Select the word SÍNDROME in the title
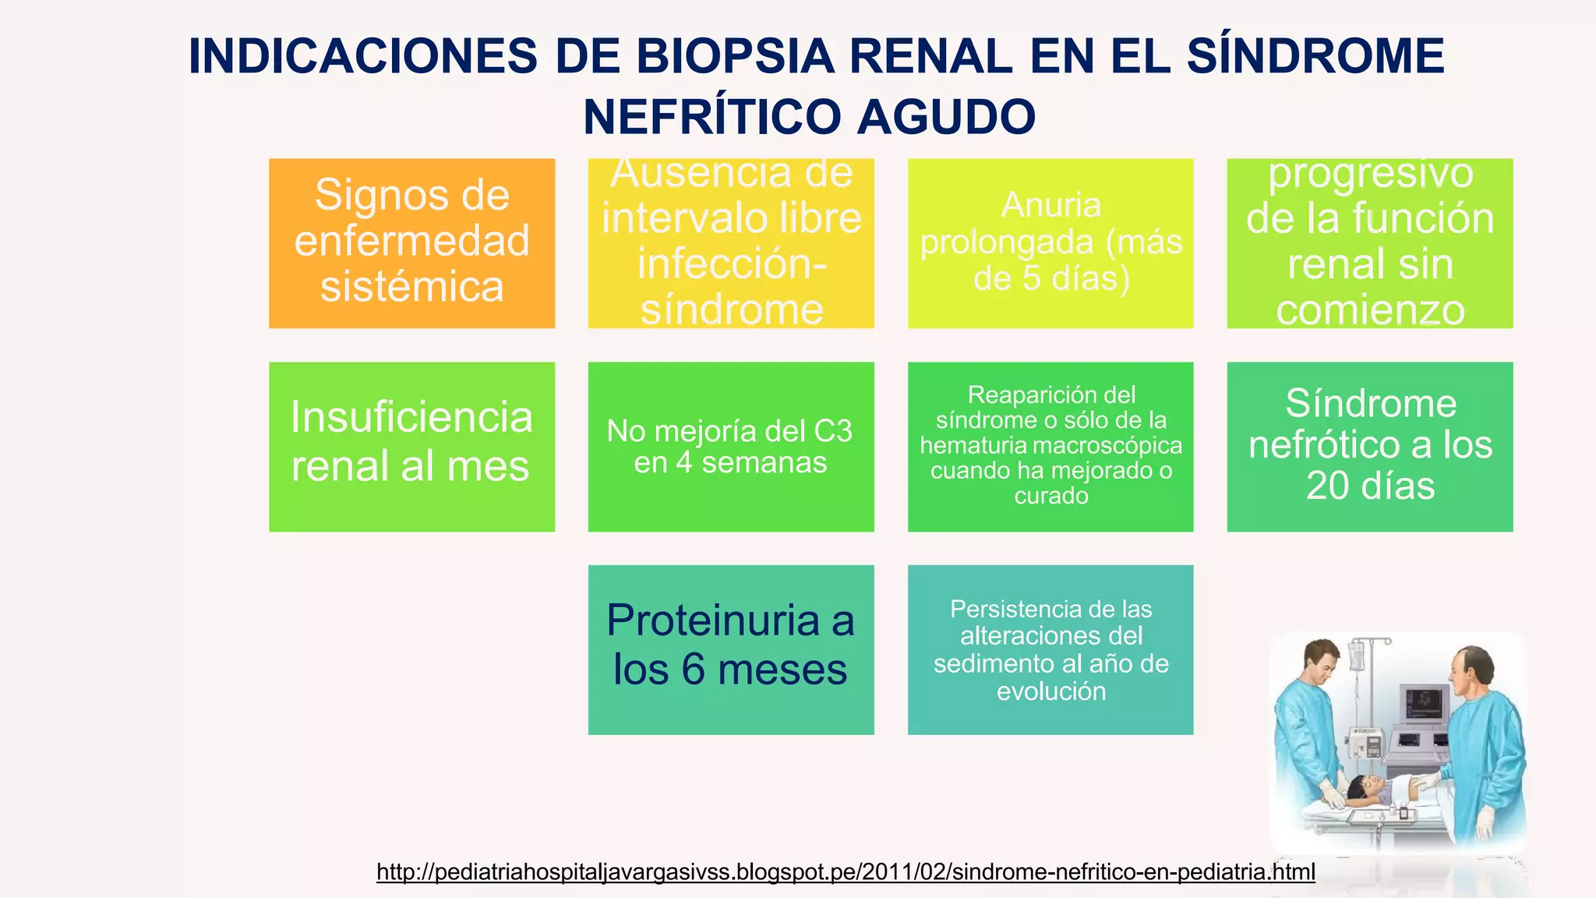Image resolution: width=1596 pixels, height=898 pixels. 1315,56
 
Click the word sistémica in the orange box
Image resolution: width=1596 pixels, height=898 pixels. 411,286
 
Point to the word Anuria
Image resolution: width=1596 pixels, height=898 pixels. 1050,205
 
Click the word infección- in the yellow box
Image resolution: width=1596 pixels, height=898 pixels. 731,263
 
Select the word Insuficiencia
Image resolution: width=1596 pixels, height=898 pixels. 411,417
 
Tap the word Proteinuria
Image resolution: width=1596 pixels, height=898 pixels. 712,620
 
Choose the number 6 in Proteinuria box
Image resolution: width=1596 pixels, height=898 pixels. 693,669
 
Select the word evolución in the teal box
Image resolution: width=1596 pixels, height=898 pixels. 1050,691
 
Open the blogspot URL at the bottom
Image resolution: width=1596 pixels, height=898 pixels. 846,871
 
